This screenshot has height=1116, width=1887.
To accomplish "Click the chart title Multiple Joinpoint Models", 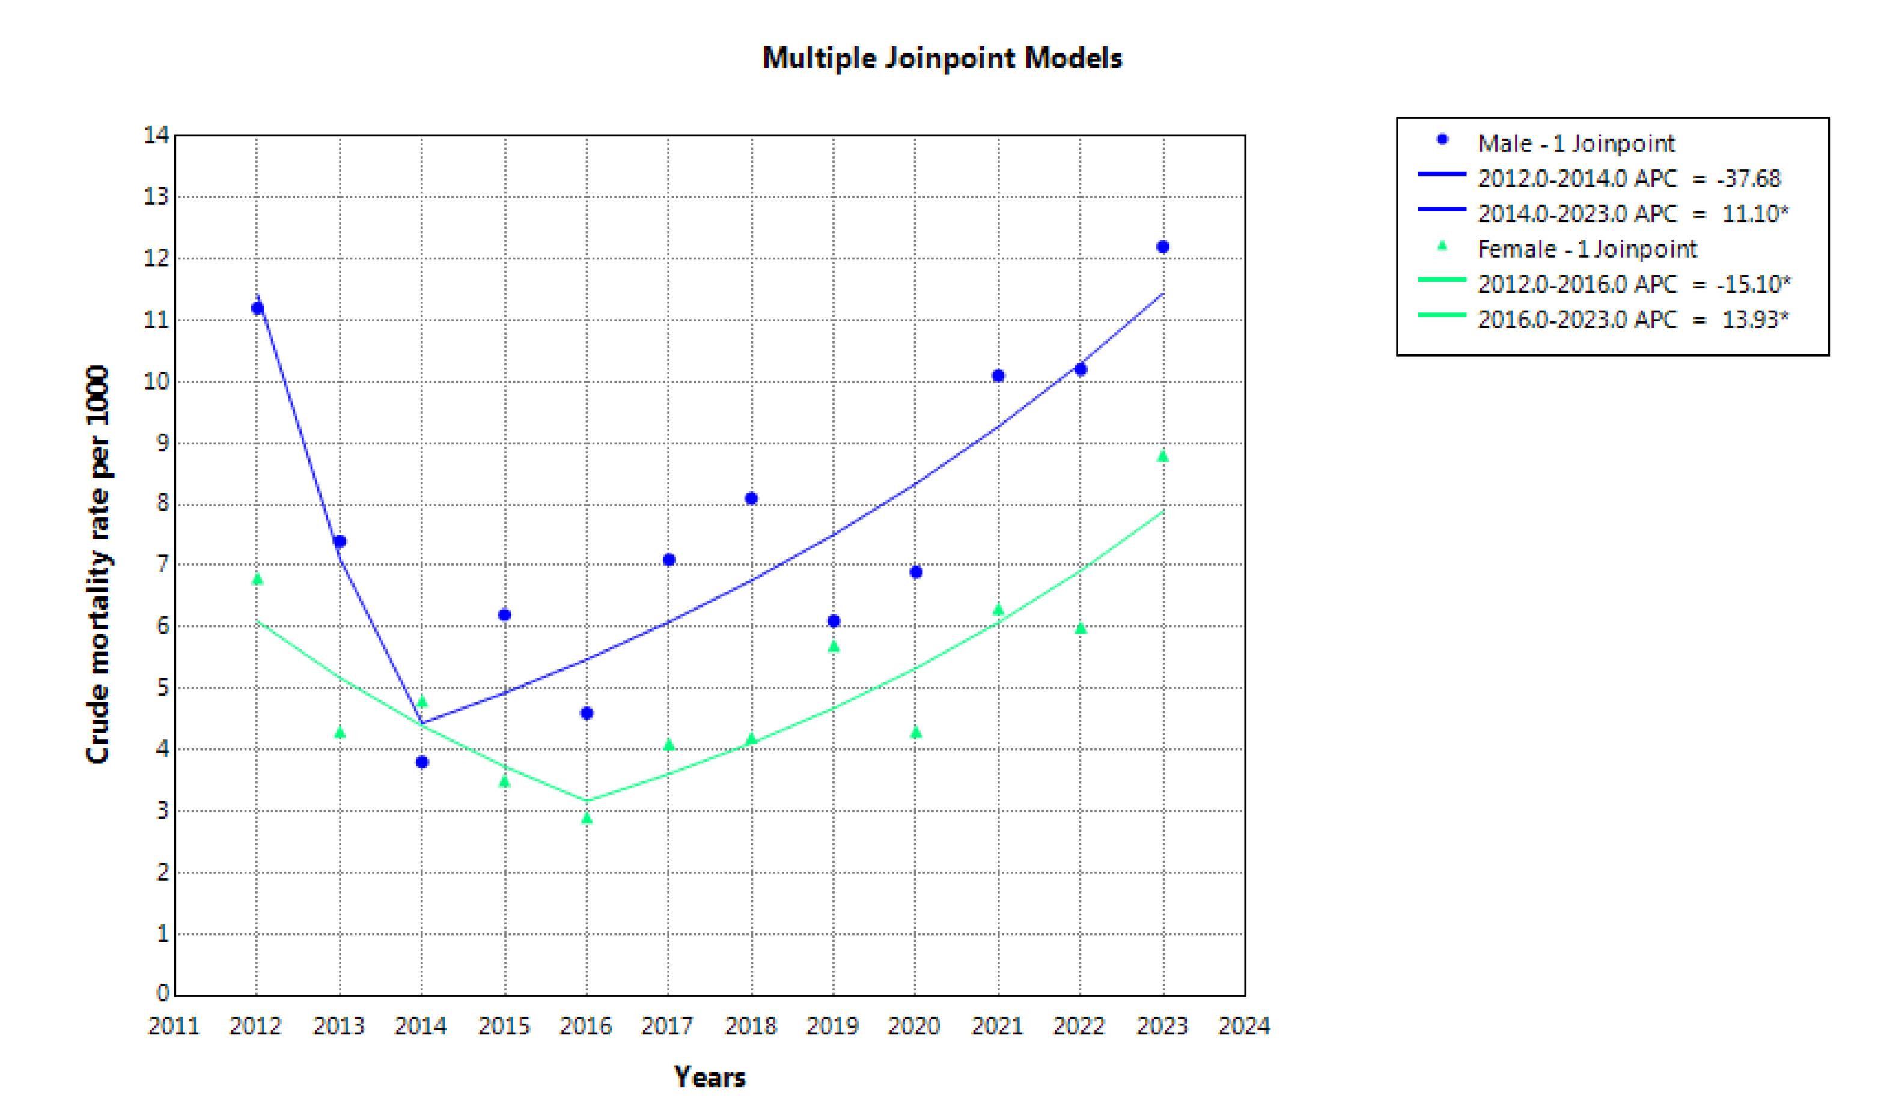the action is click(942, 58).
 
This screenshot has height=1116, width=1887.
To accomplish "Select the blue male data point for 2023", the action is click(1162, 247).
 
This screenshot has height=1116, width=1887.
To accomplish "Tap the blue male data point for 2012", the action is click(257, 308).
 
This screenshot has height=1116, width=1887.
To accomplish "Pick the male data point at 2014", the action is click(422, 762).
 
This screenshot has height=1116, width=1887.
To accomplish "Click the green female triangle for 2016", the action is click(587, 817).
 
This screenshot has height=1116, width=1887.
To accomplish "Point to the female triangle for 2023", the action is click(1162, 456).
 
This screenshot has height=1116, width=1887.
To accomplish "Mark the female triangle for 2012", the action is click(257, 578).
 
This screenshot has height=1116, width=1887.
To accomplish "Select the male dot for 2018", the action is click(751, 499).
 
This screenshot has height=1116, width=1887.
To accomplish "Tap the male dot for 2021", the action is click(998, 376).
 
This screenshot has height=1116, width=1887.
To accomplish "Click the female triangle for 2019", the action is click(834, 646).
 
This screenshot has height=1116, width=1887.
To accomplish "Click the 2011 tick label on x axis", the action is click(174, 1026).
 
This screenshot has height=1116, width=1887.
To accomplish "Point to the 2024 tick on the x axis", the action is click(1245, 1026).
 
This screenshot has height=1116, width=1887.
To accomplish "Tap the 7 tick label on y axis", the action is click(162, 564).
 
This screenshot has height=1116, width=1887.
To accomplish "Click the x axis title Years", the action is click(710, 1077).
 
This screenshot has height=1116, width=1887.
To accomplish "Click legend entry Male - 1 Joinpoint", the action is click(1576, 143).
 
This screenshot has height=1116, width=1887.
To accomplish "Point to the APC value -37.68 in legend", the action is click(1749, 178).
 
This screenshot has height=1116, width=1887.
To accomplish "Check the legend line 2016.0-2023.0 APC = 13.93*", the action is click(1633, 320).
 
